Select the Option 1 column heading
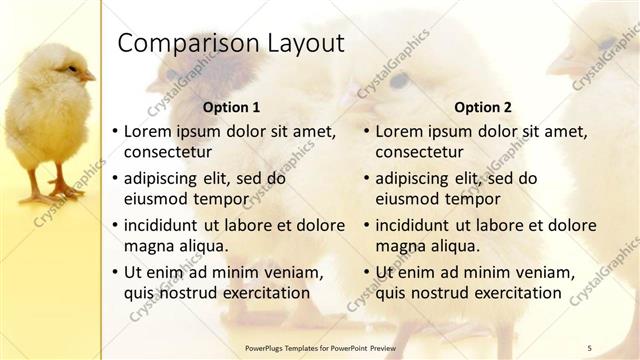click(232, 107)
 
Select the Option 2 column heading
click(483, 107)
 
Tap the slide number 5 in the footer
click(589, 347)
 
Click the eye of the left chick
click(71, 68)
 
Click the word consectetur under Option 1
click(168, 153)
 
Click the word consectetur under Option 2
click(420, 153)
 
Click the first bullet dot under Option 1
click(116, 131)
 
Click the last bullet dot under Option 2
click(367, 272)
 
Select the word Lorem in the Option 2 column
click(398, 131)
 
